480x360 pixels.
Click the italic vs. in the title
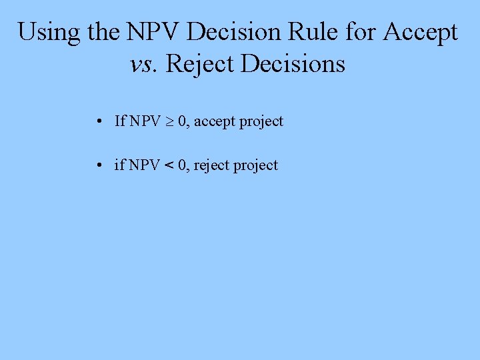(144, 64)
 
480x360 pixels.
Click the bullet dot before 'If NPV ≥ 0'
(98, 122)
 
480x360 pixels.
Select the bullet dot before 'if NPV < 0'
(98, 166)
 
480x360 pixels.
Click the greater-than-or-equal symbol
(169, 122)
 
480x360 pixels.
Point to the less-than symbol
(168, 165)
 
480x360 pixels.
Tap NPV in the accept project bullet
(145, 121)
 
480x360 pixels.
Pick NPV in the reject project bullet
(144, 165)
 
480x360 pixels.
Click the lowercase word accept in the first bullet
(215, 122)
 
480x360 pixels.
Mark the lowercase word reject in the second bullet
(211, 165)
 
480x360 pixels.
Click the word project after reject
(255, 165)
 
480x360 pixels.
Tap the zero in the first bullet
(181, 121)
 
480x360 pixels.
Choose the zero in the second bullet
(181, 165)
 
